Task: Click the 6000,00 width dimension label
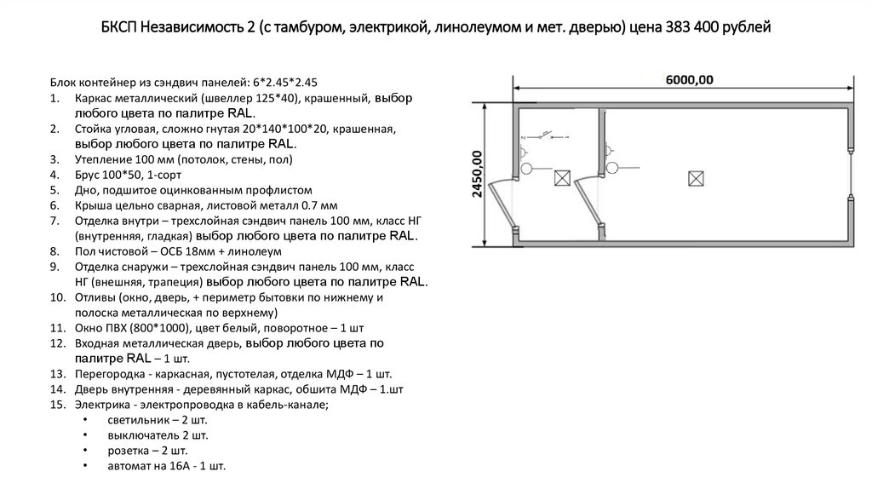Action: [689, 80]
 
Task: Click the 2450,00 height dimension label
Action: [477, 174]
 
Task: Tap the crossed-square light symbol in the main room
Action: [696, 179]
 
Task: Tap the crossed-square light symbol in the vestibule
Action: [562, 178]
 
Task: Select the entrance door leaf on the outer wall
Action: [502, 205]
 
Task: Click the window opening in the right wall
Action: [851, 173]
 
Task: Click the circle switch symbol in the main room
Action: [612, 168]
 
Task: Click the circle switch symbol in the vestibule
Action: [526, 168]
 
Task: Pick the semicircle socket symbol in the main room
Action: [609, 151]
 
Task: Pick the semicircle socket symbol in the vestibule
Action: [523, 152]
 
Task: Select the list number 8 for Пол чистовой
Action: [54, 251]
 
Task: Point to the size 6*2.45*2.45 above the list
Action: [285, 83]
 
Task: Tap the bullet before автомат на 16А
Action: [85, 466]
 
